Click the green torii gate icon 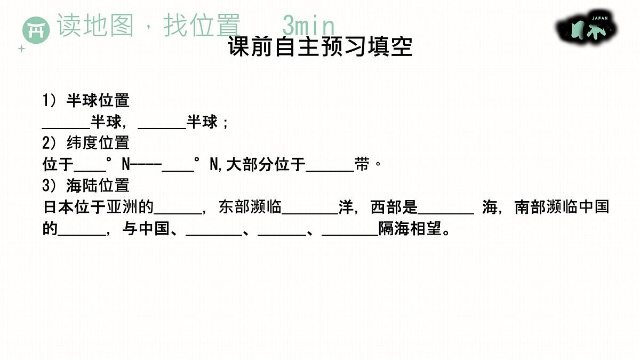36,30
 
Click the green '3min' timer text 309,26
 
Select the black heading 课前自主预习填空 321,46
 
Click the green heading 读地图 95,25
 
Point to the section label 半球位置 98,101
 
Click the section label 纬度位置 98,143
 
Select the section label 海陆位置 98,186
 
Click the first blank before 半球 66,128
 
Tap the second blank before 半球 162,128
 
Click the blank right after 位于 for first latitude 90,171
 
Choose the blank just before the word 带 330,171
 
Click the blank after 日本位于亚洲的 178,213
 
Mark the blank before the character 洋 310,213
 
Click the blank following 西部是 446,213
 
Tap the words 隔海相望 410,229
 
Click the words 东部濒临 250,207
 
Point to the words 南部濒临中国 562,207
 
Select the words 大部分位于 266,165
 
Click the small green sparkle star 21,49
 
